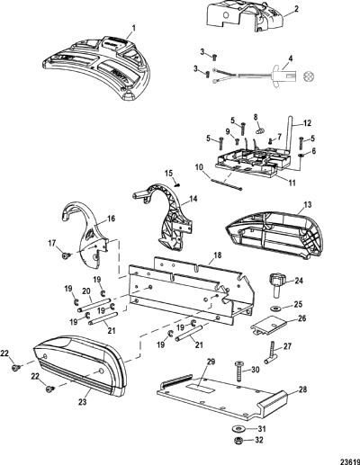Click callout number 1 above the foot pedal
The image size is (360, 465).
(x=134, y=29)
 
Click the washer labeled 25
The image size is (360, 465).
(x=274, y=309)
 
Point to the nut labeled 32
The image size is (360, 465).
(x=238, y=441)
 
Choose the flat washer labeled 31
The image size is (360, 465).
(x=238, y=428)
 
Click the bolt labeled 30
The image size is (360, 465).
(x=240, y=371)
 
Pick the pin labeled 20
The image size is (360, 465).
(x=94, y=305)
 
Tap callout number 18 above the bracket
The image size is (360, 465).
(x=218, y=255)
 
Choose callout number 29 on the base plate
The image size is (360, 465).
(x=211, y=362)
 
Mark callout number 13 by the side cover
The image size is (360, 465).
(x=308, y=205)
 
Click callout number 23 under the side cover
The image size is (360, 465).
(x=83, y=401)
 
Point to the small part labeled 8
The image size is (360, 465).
(x=260, y=130)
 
